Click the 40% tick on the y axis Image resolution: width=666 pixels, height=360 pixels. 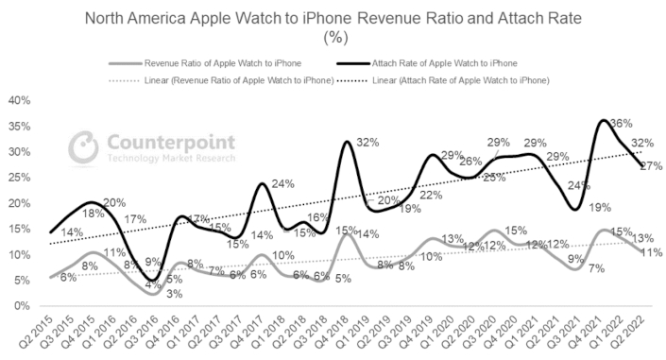19,100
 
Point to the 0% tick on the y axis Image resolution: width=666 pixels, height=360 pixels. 22,306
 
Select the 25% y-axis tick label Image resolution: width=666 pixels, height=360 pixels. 19,178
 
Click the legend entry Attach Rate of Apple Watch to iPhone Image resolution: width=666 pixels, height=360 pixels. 439,60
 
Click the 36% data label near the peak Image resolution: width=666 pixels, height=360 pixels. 621,124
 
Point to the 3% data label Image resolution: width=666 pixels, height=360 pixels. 148,295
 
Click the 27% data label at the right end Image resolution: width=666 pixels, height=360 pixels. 650,166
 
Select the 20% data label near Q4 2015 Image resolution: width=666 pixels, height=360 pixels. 114,202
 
